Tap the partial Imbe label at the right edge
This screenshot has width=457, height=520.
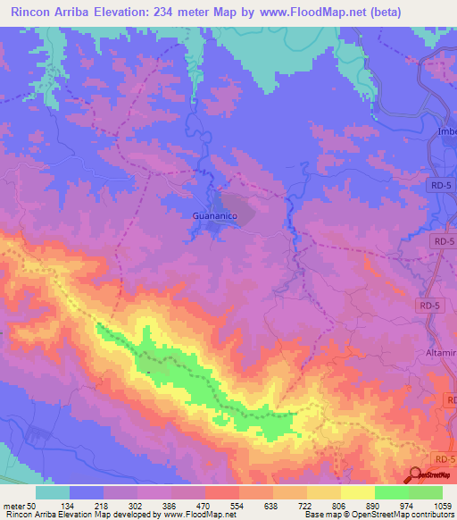point(445,131)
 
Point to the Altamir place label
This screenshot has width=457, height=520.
point(440,353)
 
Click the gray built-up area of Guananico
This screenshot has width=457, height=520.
point(234,206)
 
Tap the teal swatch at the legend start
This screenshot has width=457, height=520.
point(53,492)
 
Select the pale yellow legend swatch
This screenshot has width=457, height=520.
point(358,492)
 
